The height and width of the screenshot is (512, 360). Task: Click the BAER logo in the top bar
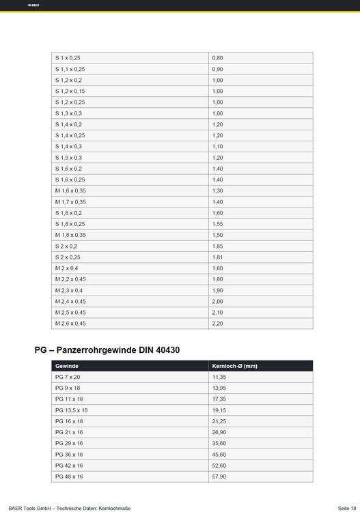tap(33, 5)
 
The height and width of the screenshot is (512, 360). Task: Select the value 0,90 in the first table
tap(218, 69)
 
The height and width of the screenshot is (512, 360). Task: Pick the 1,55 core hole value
tap(218, 224)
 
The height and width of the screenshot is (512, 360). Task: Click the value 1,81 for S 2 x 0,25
tap(218, 257)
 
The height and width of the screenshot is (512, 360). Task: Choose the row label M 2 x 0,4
tap(67, 268)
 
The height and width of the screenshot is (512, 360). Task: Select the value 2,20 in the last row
tap(218, 323)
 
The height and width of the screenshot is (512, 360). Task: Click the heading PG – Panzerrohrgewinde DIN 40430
tap(107, 350)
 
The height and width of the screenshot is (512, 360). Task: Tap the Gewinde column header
tap(66, 366)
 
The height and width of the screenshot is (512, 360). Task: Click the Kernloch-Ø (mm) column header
tap(234, 366)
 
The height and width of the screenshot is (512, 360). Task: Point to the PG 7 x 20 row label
tap(68, 377)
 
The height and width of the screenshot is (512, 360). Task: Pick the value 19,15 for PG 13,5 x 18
tap(219, 410)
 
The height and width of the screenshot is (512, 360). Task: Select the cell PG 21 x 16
tap(69, 432)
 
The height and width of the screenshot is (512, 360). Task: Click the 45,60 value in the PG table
tap(219, 454)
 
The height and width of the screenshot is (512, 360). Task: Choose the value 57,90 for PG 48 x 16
tap(219, 477)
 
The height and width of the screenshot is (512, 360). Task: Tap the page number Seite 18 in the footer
tap(346, 507)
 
